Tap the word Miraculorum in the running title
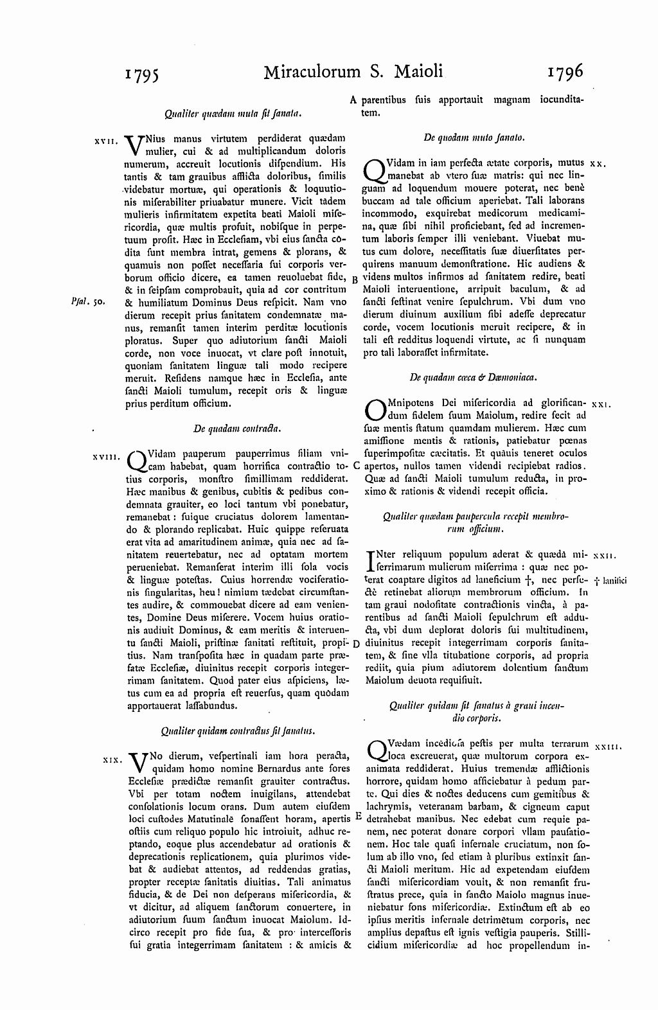[x=312, y=71]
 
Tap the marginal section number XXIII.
[x=607, y=747]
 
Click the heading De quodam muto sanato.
[x=474, y=137]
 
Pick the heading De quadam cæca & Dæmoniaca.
[x=474, y=377]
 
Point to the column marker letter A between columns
[x=353, y=100]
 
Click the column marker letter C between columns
[x=356, y=465]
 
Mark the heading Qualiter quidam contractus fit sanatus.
[x=236, y=731]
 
